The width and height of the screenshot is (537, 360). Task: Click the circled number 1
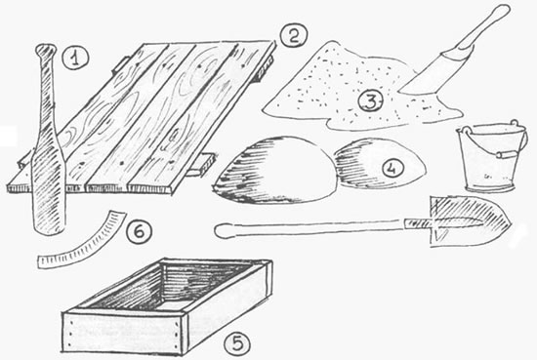(75, 58)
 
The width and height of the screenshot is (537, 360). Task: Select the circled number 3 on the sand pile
(371, 101)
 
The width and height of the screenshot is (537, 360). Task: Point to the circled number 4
(392, 168)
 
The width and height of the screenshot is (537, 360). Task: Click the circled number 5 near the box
(237, 342)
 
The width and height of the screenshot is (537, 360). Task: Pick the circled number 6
(139, 232)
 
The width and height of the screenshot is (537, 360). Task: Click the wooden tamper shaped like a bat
(47, 140)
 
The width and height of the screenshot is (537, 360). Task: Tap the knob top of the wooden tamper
(46, 51)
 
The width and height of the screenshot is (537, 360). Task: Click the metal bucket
(492, 156)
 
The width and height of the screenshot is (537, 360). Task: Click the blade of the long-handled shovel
(470, 220)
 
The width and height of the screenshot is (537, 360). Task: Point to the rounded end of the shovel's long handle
(221, 230)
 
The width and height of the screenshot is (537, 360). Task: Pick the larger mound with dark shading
(274, 170)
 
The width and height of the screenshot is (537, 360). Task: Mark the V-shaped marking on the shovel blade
(439, 236)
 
